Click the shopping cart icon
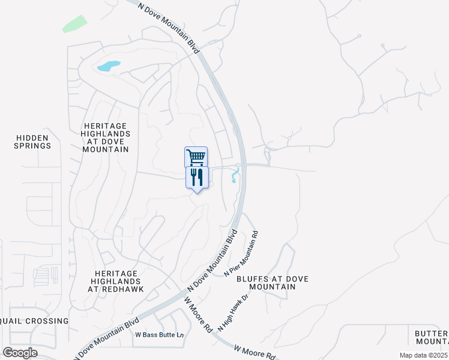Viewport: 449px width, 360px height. point(196,157)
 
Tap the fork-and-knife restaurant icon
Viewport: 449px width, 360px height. point(196,177)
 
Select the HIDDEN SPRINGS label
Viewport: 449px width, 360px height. point(33,142)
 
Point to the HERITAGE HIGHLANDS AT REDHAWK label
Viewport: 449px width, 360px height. point(115,281)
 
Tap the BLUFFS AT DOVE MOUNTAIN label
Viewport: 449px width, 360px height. point(266,283)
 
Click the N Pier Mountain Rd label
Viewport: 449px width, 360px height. point(241,254)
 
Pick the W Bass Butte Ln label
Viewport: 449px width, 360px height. point(159,335)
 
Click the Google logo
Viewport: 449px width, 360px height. point(20,353)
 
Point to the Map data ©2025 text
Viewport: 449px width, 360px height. point(423,355)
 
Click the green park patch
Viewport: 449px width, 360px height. point(74,23)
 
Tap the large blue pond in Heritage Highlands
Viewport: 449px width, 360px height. point(108,66)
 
